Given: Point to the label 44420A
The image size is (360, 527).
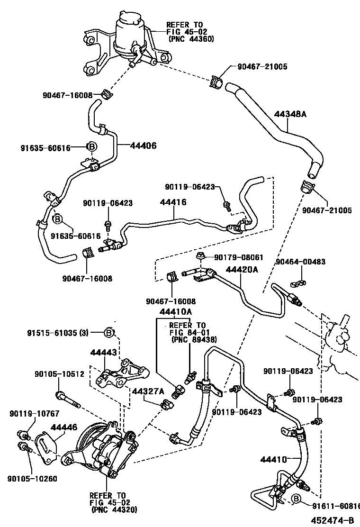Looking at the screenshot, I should pos(242,270).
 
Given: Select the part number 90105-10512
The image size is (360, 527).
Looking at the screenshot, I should pos(59,374).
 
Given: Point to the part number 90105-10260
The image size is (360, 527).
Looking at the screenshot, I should pos(32,478).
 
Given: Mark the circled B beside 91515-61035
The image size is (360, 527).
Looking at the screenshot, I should pos(109,333).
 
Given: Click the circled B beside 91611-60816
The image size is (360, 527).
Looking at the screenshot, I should pos(296,499).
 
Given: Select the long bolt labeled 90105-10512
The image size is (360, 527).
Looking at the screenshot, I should pos(68,399).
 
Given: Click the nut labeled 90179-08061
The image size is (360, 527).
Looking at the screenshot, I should pos(200,258).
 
